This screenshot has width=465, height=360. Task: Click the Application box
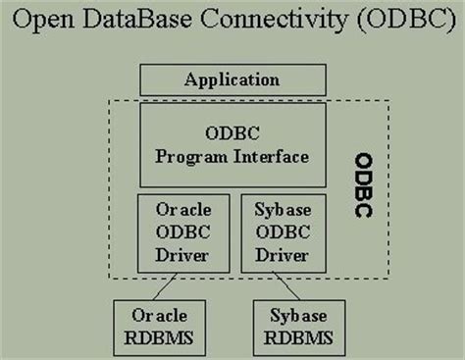[232, 80]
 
